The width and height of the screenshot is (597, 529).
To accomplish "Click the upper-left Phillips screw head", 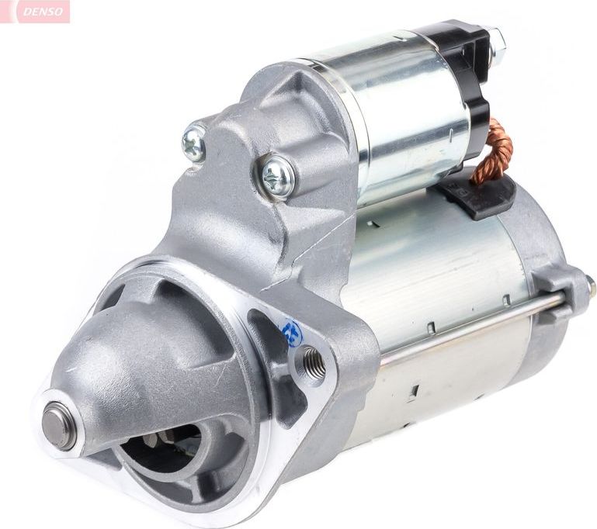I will (x=193, y=143).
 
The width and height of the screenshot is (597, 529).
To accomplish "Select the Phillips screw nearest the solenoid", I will (x=278, y=176).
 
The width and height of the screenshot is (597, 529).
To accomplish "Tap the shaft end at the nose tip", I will (x=59, y=425).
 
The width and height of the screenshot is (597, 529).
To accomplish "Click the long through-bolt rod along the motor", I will (x=466, y=326).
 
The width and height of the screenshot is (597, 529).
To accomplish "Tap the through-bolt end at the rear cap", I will (x=590, y=286).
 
